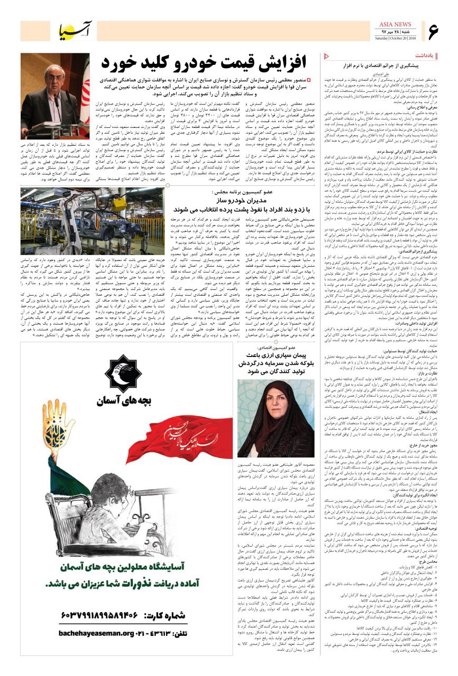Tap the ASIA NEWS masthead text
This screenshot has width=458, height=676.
(x=394, y=24)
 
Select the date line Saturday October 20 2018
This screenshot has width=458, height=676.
(x=394, y=37)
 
